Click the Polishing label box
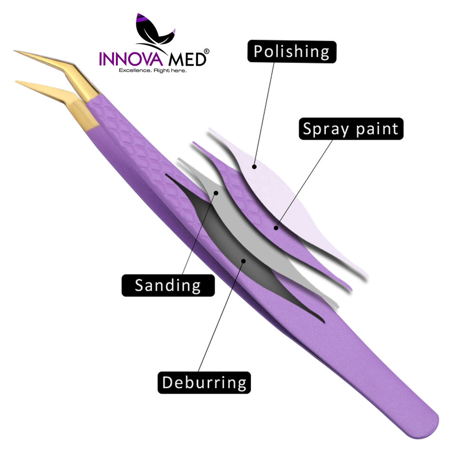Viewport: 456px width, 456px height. [x=292, y=52]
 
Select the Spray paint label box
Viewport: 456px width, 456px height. [x=351, y=129]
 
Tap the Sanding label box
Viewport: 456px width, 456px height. [x=168, y=285]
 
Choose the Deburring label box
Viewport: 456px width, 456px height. [x=204, y=382]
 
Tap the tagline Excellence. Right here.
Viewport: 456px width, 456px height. [x=152, y=70]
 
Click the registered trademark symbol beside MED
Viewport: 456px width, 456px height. [x=206, y=51]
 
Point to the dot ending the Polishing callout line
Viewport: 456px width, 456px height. [x=255, y=166]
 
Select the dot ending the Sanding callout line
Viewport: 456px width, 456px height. [x=216, y=193]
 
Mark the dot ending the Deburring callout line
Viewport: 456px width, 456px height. [x=243, y=260]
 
